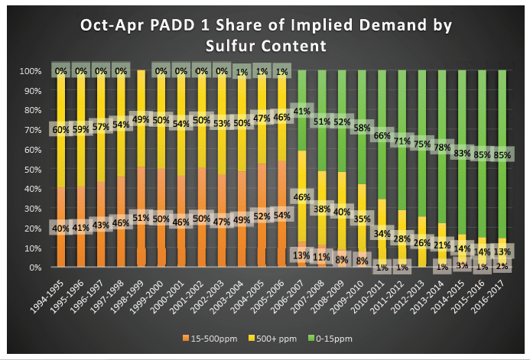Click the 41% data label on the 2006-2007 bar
(301, 112)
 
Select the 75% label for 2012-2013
(421, 144)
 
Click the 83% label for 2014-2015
(461, 153)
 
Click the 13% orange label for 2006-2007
(301, 255)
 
